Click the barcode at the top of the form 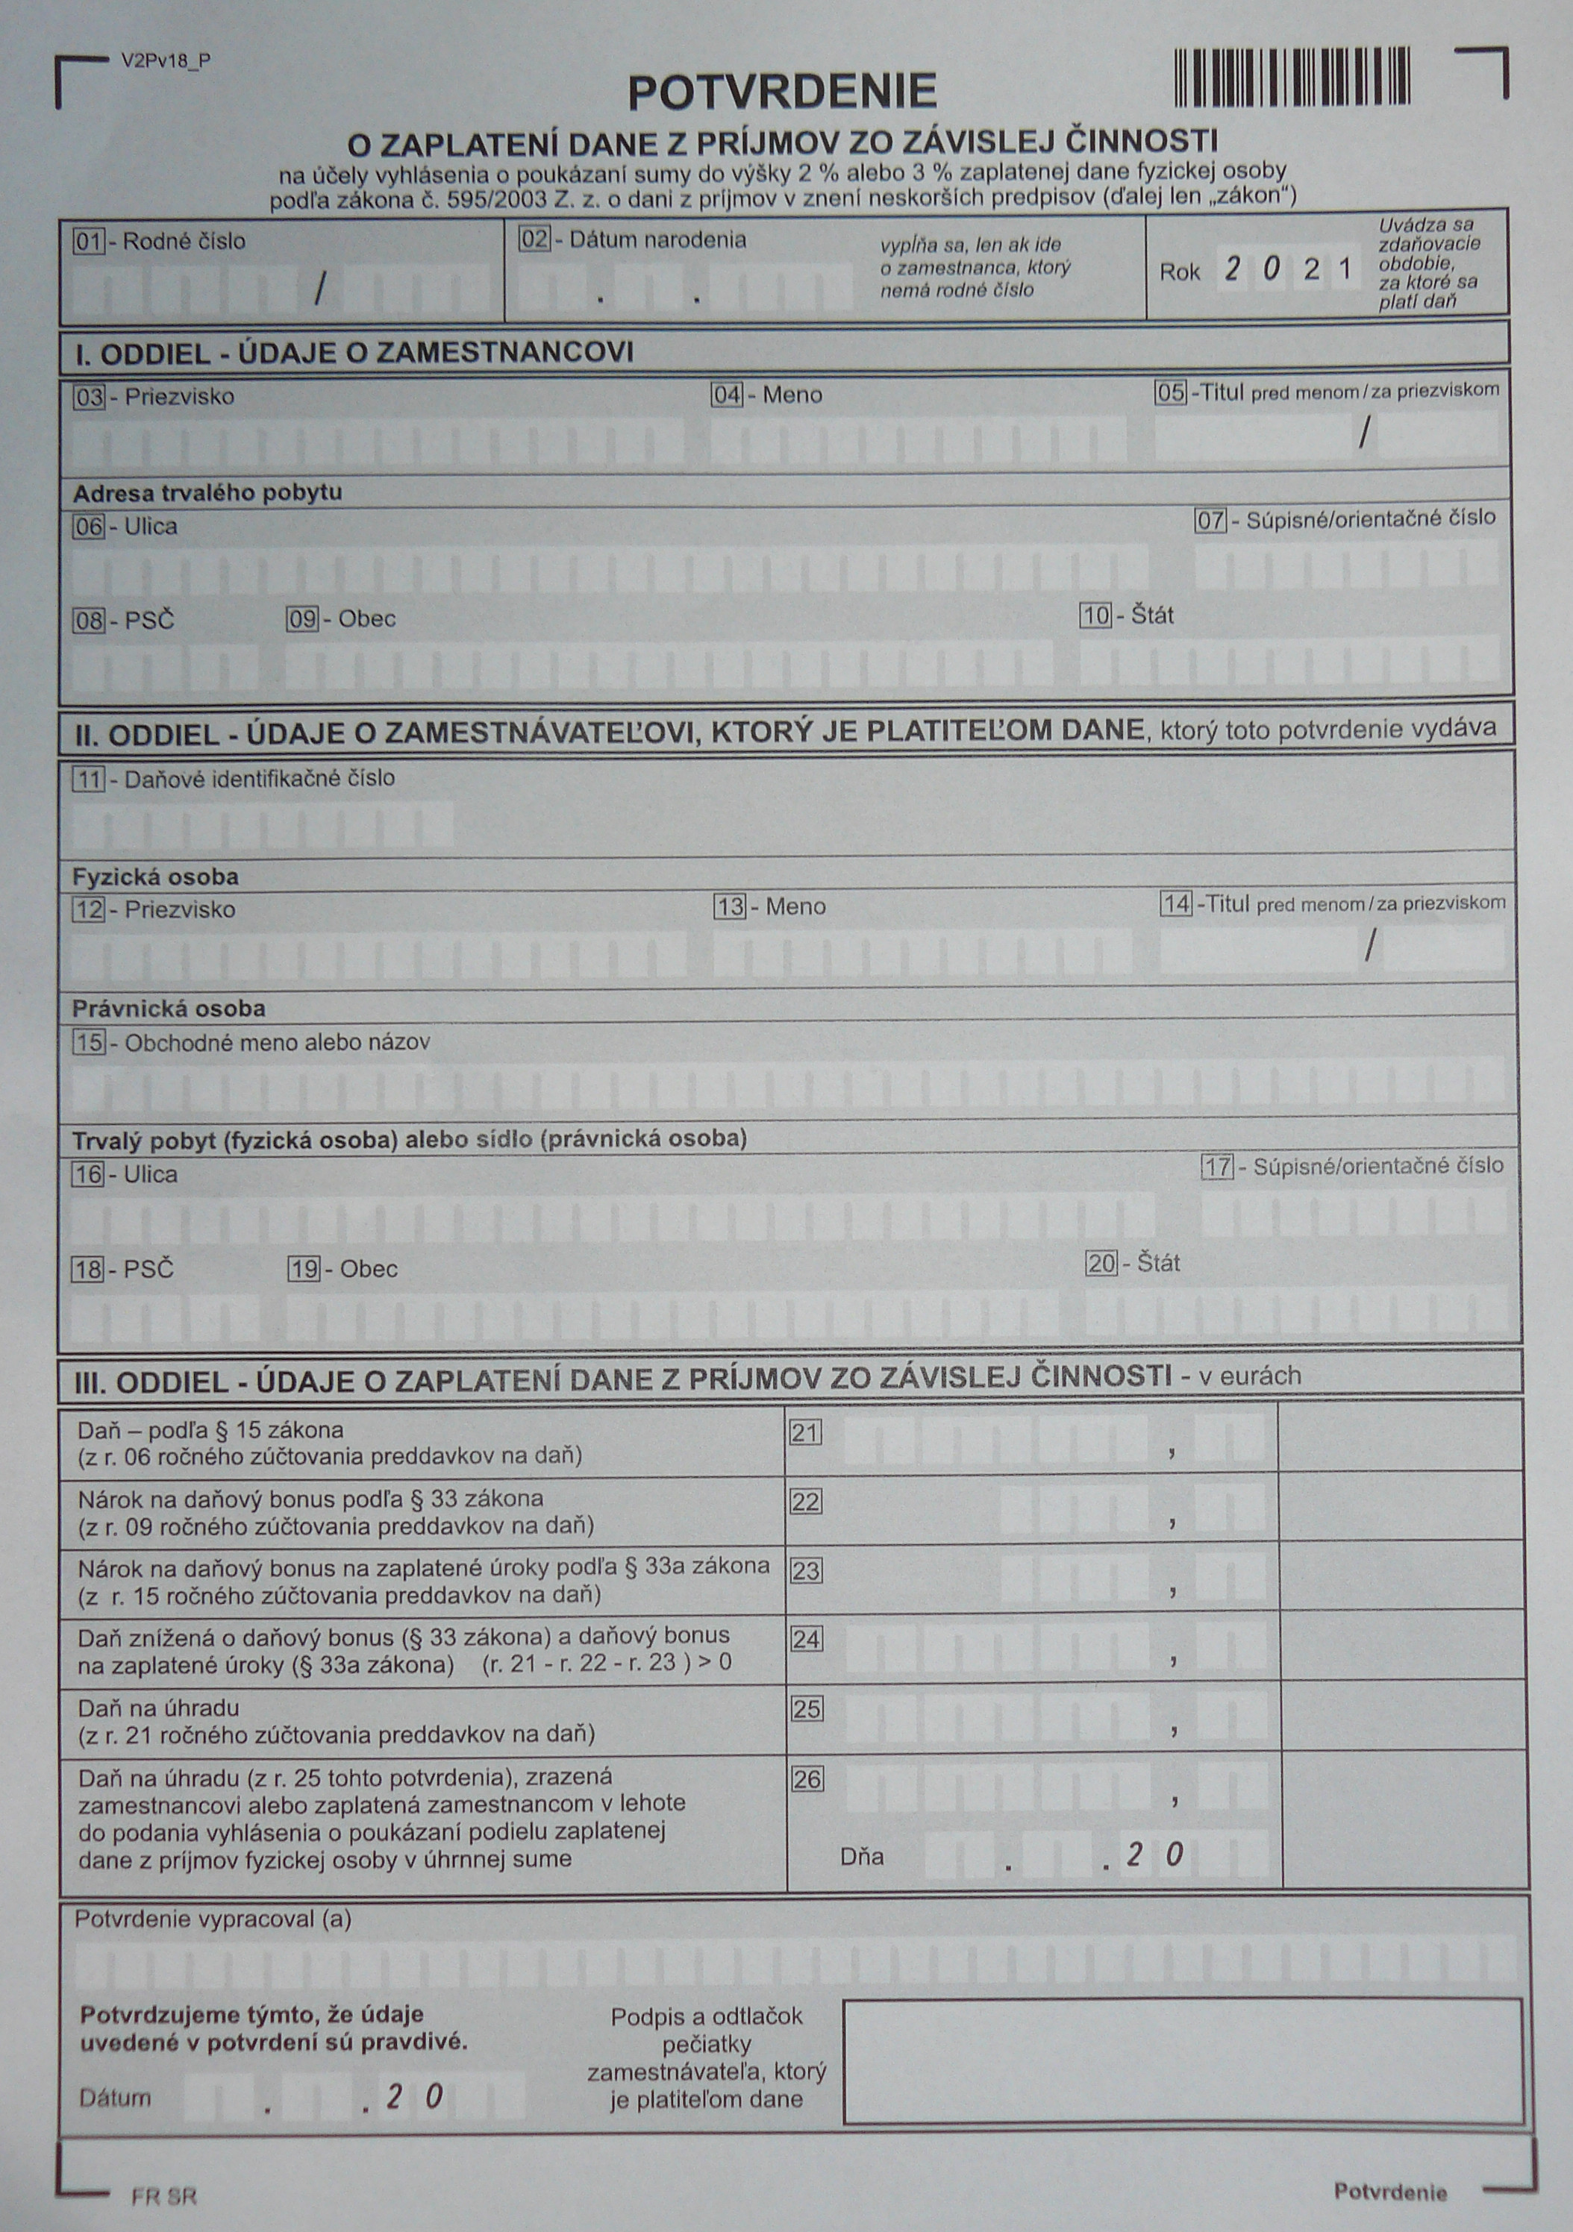(1291, 77)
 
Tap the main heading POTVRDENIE (781, 93)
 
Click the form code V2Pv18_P (165, 60)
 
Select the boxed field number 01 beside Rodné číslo (89, 241)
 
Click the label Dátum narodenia (657, 239)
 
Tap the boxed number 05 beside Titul (1171, 392)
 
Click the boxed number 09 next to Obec (302, 619)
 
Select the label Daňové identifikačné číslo (259, 778)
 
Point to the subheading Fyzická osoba (155, 877)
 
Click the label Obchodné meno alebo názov (277, 1042)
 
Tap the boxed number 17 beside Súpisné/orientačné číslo (1217, 1167)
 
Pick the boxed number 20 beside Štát (1101, 1264)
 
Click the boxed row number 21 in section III (805, 1432)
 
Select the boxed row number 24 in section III (806, 1639)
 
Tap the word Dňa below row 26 (861, 1856)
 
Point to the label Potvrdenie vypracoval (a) (213, 1919)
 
